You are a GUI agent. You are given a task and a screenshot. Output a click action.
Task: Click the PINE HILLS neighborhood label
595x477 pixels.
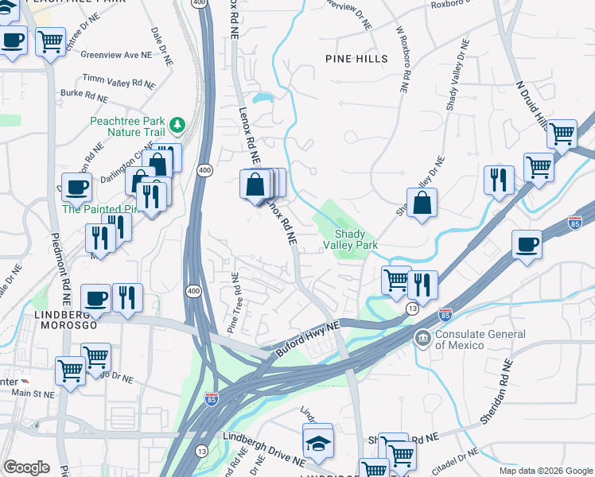[x=356, y=59]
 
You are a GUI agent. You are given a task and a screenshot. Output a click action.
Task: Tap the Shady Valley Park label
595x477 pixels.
[x=356, y=240]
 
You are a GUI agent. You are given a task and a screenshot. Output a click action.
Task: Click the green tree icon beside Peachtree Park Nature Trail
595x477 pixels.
[x=177, y=125]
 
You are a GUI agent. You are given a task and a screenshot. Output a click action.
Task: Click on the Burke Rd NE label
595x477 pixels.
[x=84, y=95]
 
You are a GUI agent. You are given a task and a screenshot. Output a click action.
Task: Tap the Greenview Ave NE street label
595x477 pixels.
[x=115, y=55]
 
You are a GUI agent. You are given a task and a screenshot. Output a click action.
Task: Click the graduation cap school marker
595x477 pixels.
[x=318, y=443]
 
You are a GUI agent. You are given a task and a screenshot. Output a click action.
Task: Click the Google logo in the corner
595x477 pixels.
[x=26, y=467]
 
